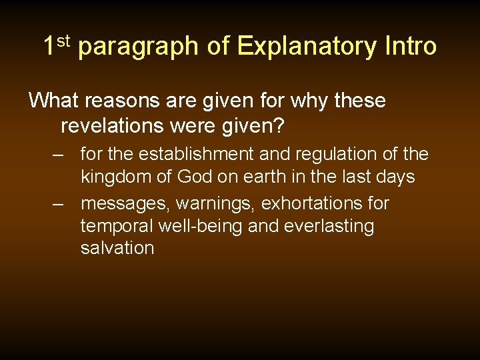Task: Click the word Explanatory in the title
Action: point(307,47)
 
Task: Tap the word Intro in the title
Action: point(411,47)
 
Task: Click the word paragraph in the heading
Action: point(139,48)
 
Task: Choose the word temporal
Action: point(117,227)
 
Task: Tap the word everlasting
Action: point(328,227)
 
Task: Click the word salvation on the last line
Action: point(117,249)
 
